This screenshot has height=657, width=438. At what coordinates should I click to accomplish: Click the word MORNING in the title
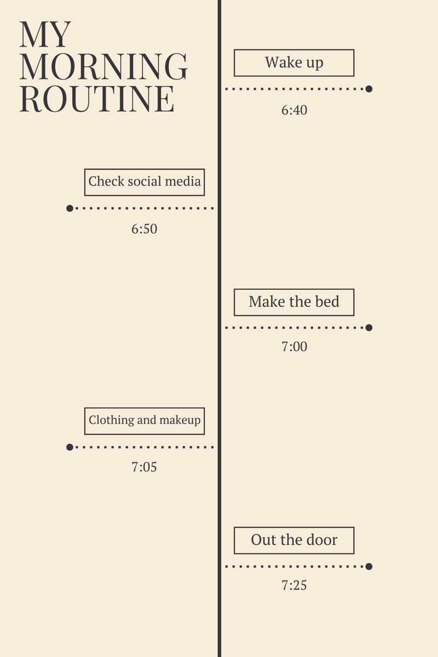tap(103, 67)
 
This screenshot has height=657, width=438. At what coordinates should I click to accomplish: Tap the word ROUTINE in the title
tap(97, 99)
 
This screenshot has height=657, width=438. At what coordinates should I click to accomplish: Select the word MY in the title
tap(45, 35)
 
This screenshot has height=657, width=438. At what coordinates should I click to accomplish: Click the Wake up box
tap(294, 63)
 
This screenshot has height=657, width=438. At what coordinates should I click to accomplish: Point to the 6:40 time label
tap(294, 110)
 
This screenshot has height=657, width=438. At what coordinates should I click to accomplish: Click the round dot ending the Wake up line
tap(369, 89)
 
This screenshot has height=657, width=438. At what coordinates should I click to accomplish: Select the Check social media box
tap(145, 182)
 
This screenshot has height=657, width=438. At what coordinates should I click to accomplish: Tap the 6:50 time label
tap(144, 229)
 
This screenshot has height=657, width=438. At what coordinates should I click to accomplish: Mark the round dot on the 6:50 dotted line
tap(70, 208)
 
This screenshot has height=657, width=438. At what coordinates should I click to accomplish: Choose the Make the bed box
tap(294, 302)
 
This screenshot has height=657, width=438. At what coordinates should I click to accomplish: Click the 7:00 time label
tap(294, 347)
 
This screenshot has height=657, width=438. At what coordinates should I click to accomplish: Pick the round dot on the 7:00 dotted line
tap(369, 327)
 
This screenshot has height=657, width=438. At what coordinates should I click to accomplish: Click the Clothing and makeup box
tap(145, 421)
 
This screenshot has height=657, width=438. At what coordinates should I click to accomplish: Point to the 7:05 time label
tap(144, 467)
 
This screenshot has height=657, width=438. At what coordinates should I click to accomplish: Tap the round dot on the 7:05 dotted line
tap(70, 447)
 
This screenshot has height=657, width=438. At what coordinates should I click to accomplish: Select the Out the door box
tap(294, 540)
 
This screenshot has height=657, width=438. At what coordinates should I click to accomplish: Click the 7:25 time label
tap(294, 585)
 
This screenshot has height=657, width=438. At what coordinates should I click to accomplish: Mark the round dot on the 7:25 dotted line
tap(369, 566)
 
